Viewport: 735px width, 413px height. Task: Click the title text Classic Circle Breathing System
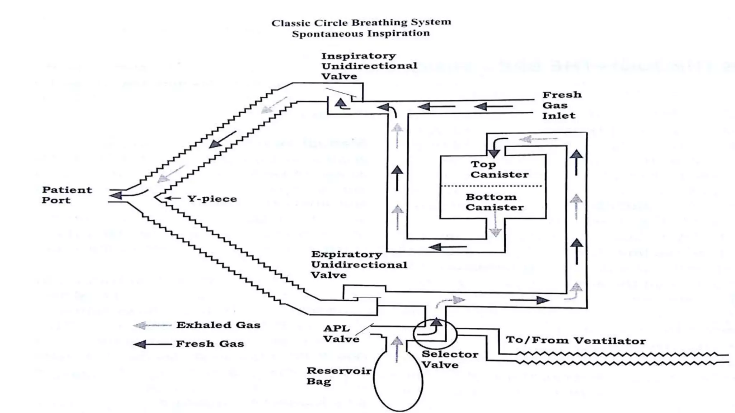pos(361,23)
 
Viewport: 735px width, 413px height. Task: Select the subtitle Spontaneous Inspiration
pos(361,34)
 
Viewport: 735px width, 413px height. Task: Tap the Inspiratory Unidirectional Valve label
pos(369,66)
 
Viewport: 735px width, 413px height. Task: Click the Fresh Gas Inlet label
pos(562,105)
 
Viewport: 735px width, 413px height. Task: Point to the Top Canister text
pos(499,170)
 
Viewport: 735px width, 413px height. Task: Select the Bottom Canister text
pos(494,202)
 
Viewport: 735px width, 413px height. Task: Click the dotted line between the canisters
pos(491,186)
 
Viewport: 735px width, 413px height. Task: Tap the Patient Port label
pos(67,195)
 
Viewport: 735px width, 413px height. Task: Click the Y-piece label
pos(212,199)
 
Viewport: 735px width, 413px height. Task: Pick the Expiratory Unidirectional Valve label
pos(359,265)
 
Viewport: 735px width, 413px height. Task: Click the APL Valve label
pos(341,334)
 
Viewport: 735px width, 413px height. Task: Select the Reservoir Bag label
pos(338,376)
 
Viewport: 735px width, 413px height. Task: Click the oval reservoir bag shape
pos(398,387)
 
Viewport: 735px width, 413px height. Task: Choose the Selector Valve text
pos(449,359)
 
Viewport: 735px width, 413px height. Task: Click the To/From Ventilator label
pos(576,340)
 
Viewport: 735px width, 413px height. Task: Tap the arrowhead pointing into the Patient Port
pos(116,195)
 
